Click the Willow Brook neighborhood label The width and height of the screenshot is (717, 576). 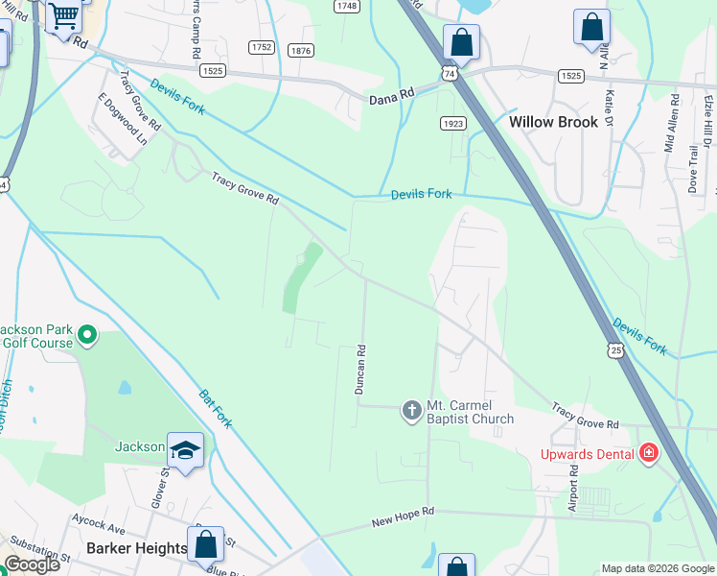coord(553,122)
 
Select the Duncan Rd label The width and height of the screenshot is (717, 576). coord(360,371)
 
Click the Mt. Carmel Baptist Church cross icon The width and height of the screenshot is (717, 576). coord(412,411)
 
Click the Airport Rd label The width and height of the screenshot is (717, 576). coord(573,489)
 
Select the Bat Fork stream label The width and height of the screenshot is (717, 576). coord(216,408)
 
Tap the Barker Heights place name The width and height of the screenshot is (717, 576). coord(136,548)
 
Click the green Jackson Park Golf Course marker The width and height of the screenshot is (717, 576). coord(87,336)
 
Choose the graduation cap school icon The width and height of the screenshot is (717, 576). coord(185,449)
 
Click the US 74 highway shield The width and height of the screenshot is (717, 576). coord(450,73)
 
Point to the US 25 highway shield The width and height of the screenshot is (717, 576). coord(615,350)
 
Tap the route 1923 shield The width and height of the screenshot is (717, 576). coord(453,124)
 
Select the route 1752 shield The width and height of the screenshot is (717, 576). coord(261,47)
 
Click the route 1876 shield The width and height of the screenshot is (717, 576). coord(300,51)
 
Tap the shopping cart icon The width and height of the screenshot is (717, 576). coord(64,15)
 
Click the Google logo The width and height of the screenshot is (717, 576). coord(31,564)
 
